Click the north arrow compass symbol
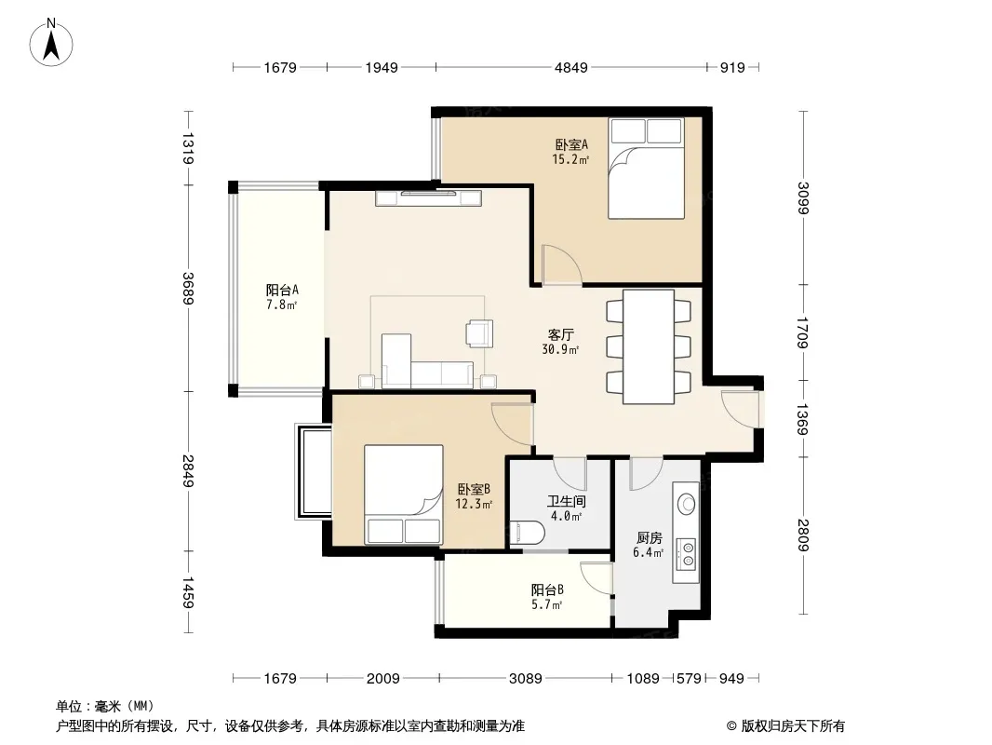tap(51, 43)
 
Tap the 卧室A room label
tap(571, 145)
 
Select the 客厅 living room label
tap(560, 334)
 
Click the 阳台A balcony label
tap(282, 291)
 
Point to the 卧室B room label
tap(474, 489)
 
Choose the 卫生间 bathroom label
tap(566, 502)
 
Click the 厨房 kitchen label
tap(650, 538)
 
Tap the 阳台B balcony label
tap(547, 589)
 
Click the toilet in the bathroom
tap(527, 533)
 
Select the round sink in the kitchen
tap(687, 504)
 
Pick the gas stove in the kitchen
tap(687, 552)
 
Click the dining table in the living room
tap(649, 346)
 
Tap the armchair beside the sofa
tap(479, 333)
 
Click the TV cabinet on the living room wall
tap(428, 197)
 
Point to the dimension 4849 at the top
tap(570, 67)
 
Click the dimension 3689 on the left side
tap(188, 288)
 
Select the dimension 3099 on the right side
tap(803, 198)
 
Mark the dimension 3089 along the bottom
tap(525, 679)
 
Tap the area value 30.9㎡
tap(560, 349)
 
